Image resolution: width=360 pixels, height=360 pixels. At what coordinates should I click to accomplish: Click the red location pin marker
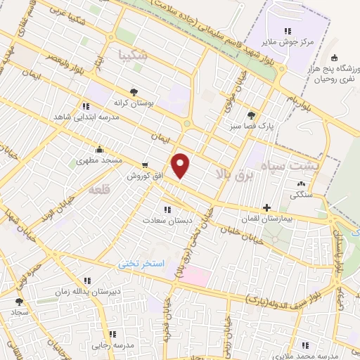[181, 166]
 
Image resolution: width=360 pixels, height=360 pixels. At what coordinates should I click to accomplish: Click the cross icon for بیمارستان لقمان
[266, 207]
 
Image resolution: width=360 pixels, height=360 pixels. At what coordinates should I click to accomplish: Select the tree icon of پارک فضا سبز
[252, 115]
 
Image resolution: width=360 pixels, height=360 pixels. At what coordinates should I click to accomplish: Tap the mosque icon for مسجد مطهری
[99, 149]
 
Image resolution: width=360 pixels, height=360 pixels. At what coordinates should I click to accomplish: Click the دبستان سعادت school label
[167, 219]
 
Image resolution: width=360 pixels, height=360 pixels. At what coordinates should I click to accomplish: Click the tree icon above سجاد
[18, 300]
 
